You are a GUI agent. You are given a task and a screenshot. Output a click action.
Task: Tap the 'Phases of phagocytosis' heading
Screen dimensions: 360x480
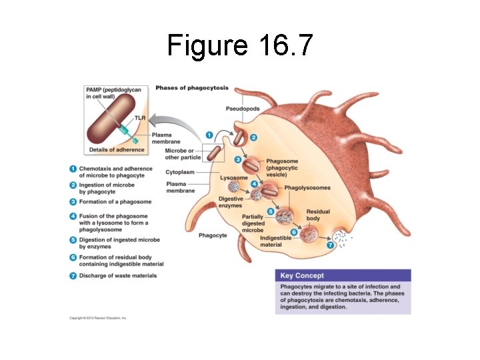pyautogui.click(x=192, y=88)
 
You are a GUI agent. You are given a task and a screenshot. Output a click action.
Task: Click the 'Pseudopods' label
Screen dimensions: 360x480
pyautogui.click(x=243, y=109)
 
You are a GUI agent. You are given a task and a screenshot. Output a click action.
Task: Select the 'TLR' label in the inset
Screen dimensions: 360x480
pyautogui.click(x=140, y=118)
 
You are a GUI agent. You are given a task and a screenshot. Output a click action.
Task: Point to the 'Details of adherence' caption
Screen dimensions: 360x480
pyautogui.click(x=117, y=150)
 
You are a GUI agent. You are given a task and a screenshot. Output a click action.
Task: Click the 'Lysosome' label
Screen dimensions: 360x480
pyautogui.click(x=233, y=178)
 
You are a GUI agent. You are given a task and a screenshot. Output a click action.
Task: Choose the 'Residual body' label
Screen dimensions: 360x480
pyautogui.click(x=318, y=215)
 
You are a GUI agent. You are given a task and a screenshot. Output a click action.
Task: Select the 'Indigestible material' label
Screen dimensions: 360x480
pyautogui.click(x=275, y=241)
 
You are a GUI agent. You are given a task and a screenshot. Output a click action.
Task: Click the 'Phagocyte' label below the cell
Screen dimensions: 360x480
pyautogui.click(x=213, y=235)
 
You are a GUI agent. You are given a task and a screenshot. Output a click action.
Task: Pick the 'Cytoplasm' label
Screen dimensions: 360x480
pyautogui.click(x=180, y=172)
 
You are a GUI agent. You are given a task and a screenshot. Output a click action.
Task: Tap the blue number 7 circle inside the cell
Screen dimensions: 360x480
pyautogui.click(x=329, y=245)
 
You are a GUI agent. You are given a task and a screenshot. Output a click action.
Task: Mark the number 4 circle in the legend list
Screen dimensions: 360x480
pyautogui.click(x=73, y=216)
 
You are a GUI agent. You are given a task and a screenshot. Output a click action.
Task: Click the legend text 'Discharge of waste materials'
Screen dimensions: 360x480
pyautogui.click(x=118, y=276)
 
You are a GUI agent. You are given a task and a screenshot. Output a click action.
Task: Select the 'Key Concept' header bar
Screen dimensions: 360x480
pyautogui.click(x=343, y=275)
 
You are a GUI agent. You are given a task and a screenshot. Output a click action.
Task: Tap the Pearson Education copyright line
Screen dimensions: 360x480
pyautogui.click(x=98, y=318)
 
